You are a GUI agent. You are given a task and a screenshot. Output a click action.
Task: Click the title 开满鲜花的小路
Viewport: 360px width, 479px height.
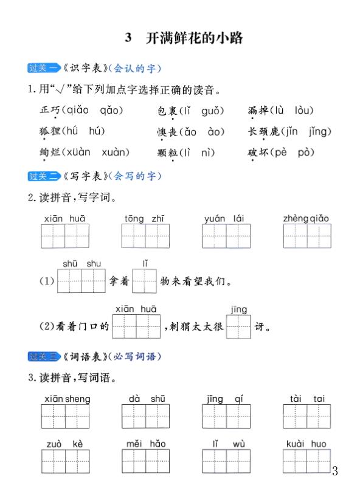(194, 38)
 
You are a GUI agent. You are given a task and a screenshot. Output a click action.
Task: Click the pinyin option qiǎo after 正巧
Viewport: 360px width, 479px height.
(74, 110)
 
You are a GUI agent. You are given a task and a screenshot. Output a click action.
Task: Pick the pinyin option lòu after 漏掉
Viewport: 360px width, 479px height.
(303, 110)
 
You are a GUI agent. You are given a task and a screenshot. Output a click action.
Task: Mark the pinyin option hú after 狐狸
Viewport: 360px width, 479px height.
(72, 131)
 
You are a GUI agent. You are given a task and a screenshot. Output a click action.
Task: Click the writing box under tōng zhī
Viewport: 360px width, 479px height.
(145, 236)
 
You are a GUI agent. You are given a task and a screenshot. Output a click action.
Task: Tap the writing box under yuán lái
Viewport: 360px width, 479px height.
(226, 236)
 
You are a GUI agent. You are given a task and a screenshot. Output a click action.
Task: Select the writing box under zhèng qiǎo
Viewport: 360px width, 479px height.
(306, 236)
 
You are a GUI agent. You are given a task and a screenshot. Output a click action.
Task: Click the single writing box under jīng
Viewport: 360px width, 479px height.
(238, 326)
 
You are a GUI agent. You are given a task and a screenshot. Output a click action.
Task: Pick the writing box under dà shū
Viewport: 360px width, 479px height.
(145, 416)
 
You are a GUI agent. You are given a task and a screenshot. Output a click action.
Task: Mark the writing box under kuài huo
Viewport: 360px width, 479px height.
(306, 461)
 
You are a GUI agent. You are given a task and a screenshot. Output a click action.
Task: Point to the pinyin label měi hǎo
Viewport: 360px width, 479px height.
(146, 444)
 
